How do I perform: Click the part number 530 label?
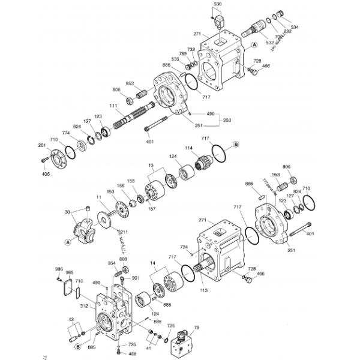tap(217, 4)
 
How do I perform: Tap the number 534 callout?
tap(295, 27)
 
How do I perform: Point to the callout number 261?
tap(41, 145)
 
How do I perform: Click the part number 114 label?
tap(188, 148)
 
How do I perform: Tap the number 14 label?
tap(152, 263)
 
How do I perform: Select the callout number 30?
tap(67, 211)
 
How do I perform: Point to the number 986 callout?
tap(59, 269)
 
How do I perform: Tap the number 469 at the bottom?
tap(132, 354)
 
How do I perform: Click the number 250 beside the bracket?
tap(227, 120)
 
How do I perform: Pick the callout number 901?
tap(136, 278)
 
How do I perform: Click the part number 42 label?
tap(71, 320)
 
